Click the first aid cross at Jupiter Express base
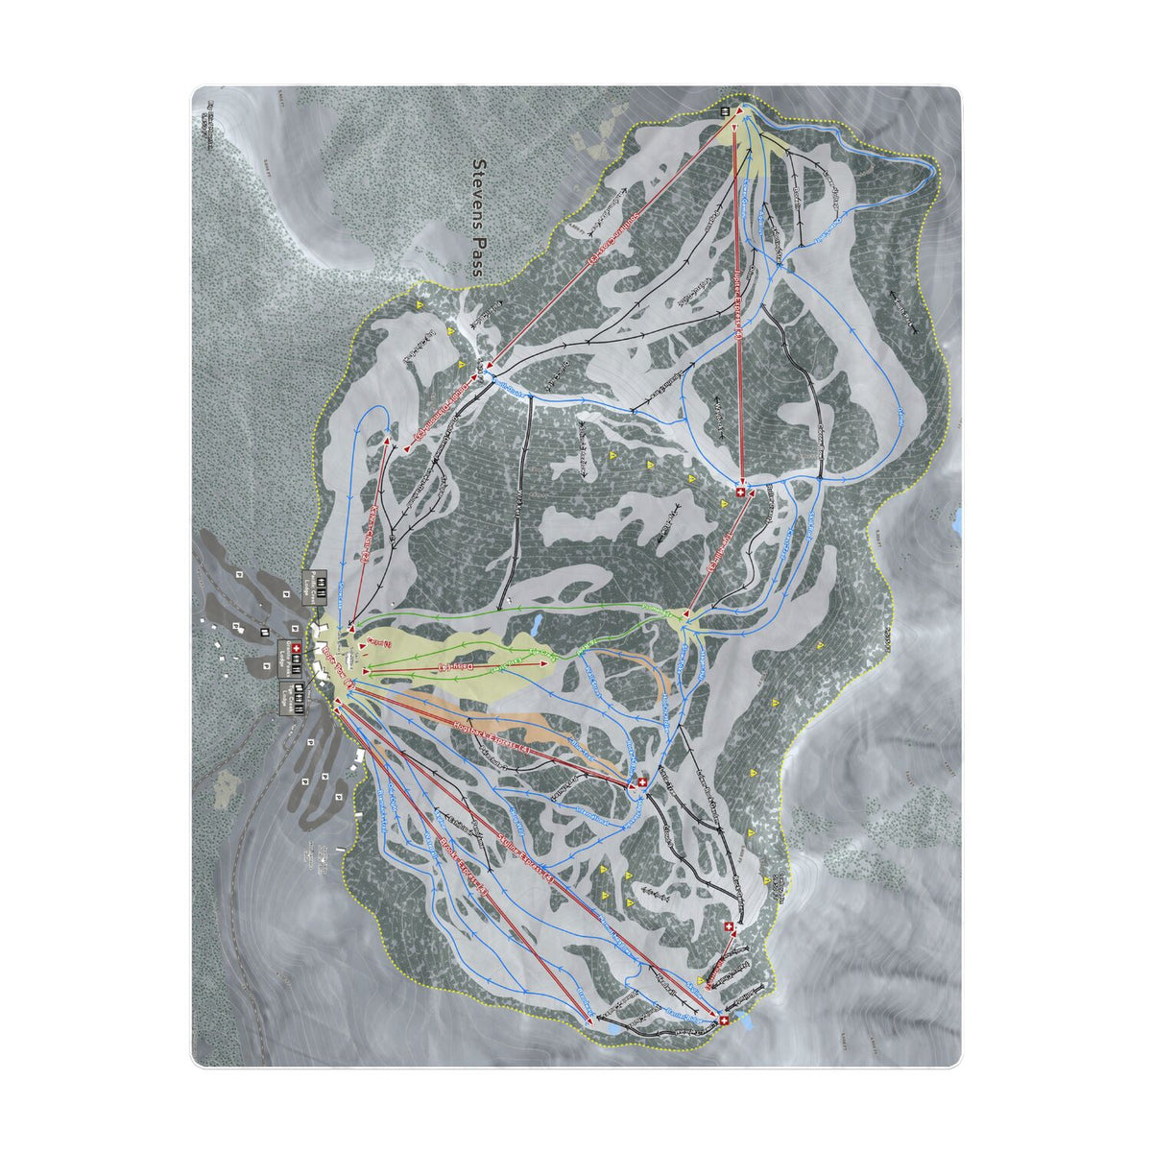click(x=741, y=492)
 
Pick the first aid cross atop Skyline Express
click(x=723, y=1020)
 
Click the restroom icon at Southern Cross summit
click(x=727, y=111)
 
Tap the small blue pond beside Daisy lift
click(x=534, y=627)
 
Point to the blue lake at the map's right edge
click(x=956, y=521)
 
